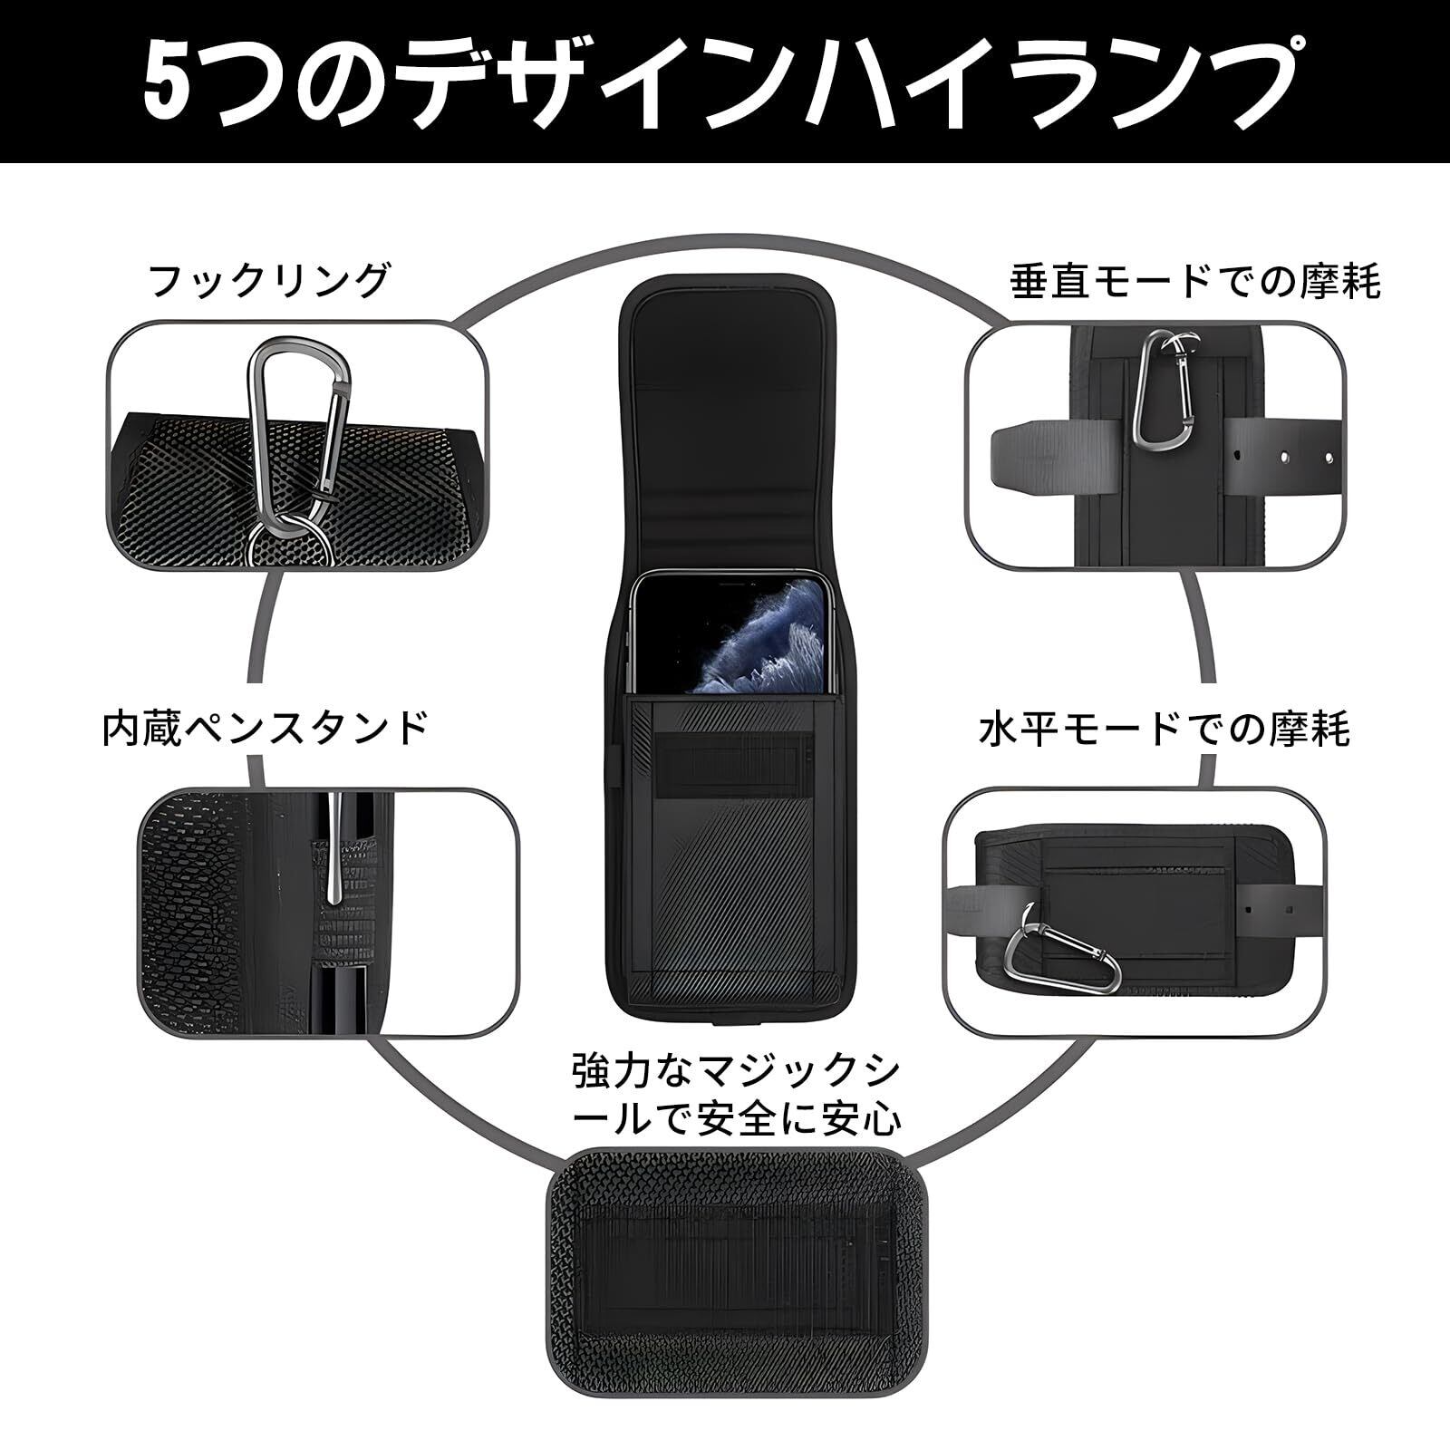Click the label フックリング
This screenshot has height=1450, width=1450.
269,282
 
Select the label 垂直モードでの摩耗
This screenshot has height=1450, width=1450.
1195,282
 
